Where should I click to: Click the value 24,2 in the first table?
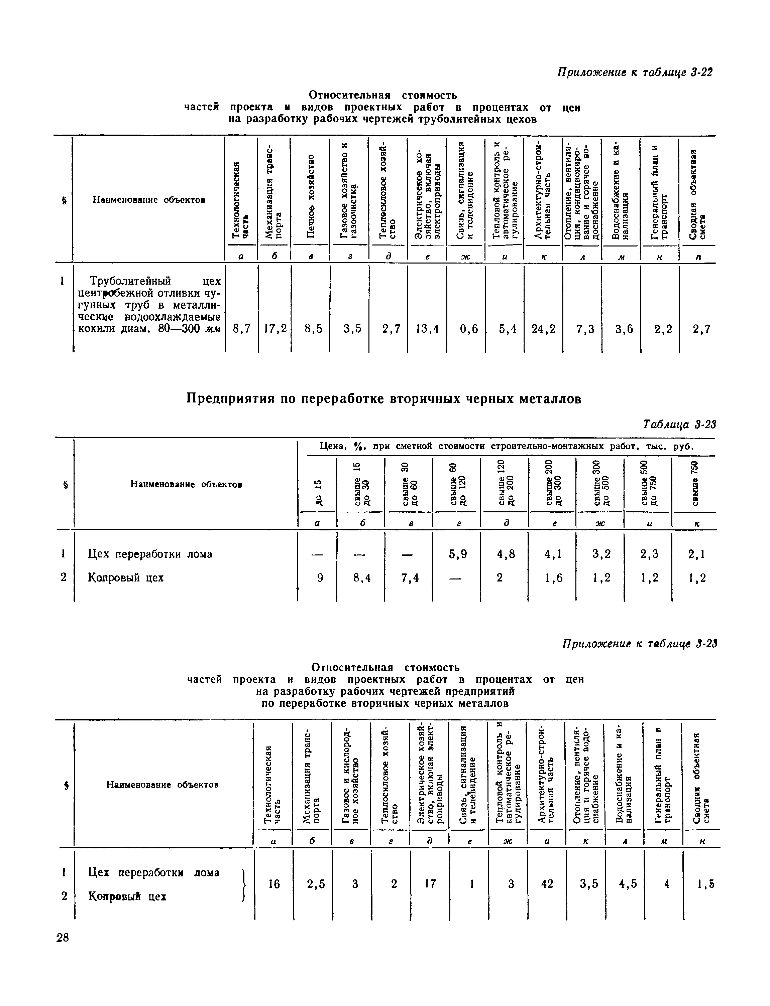(543, 329)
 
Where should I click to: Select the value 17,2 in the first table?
(274, 329)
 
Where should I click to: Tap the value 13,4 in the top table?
(427, 329)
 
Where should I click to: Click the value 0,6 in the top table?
(468, 329)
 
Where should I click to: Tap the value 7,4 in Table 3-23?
(409, 578)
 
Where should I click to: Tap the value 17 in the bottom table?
(430, 884)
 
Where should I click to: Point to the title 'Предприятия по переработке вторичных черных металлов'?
(384, 399)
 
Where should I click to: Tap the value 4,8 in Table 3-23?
(506, 554)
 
